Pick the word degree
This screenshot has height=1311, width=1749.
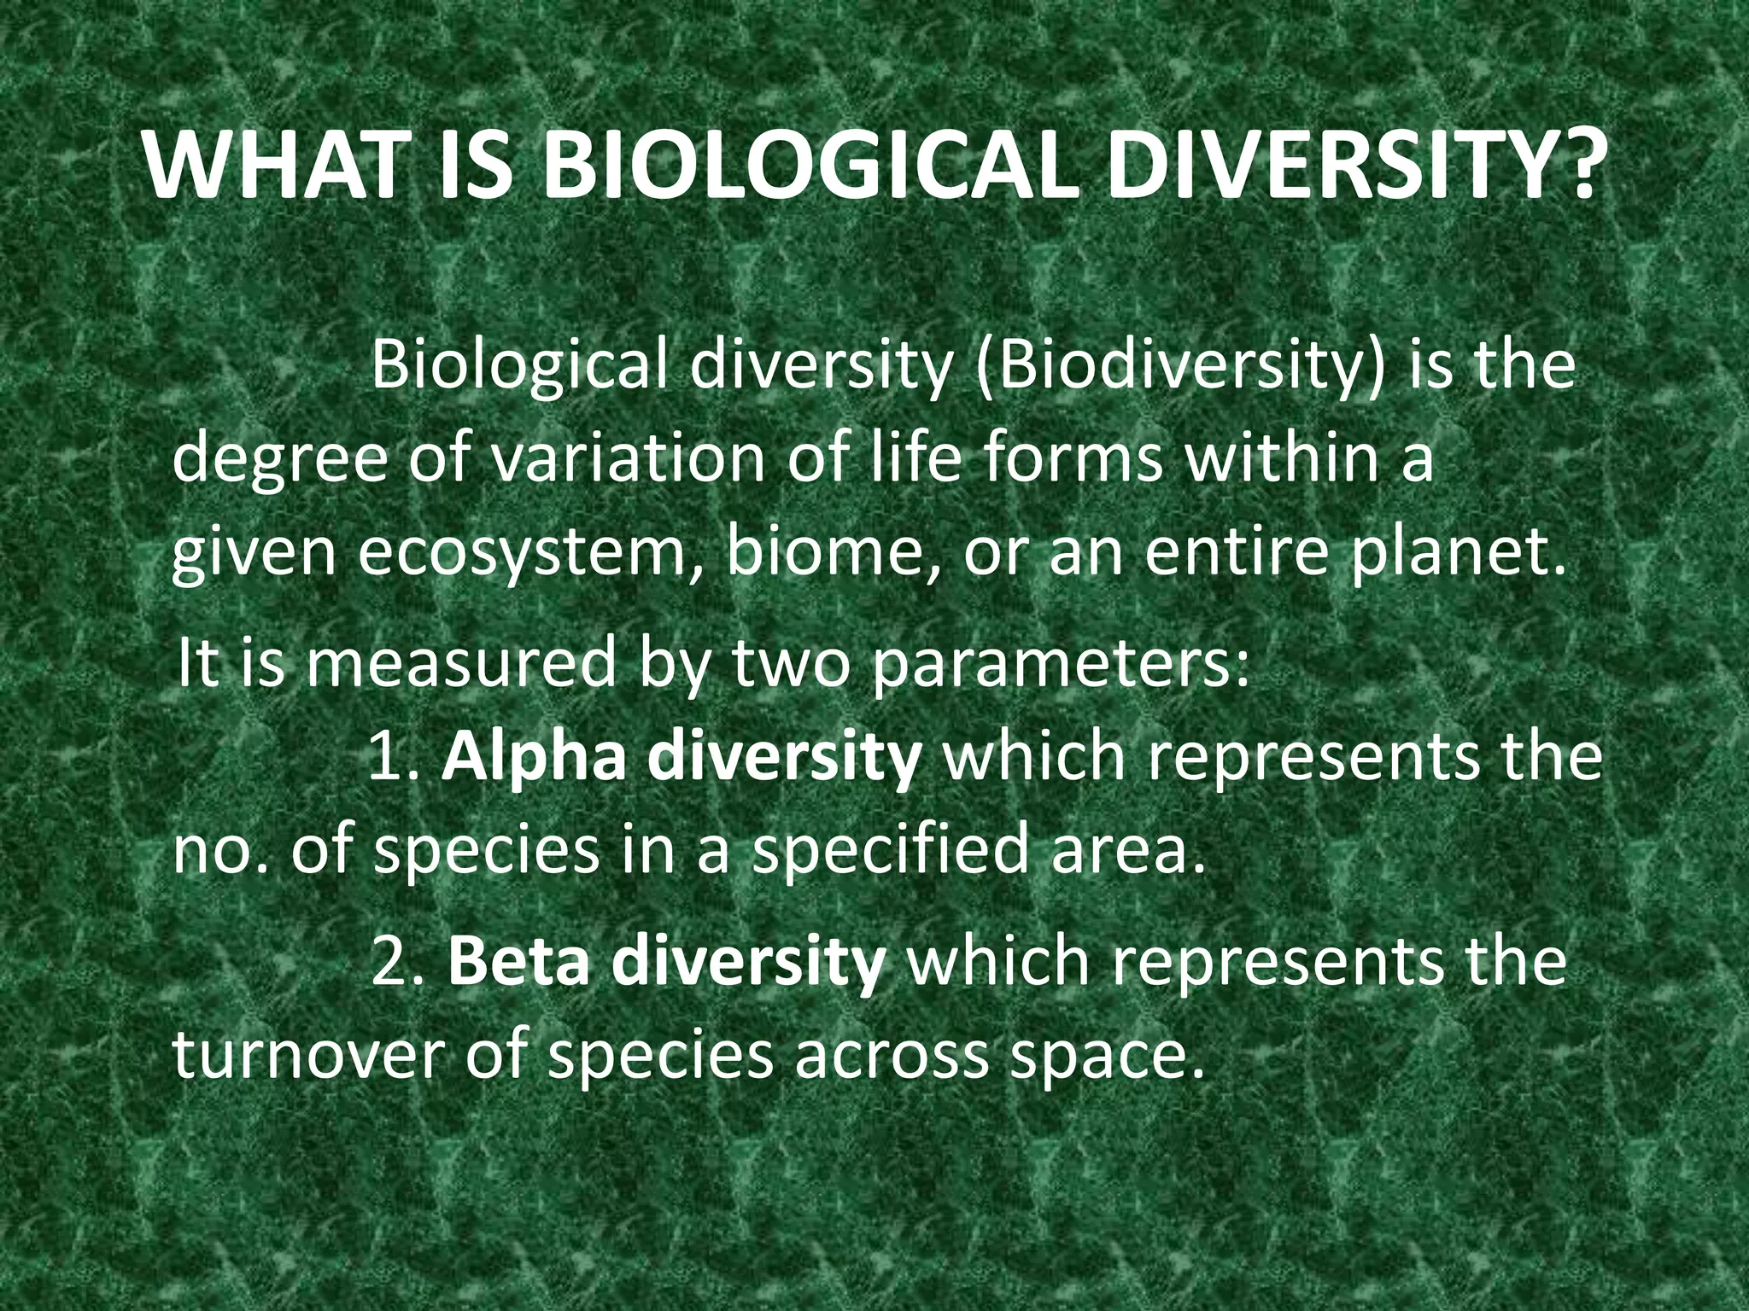(x=274, y=463)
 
